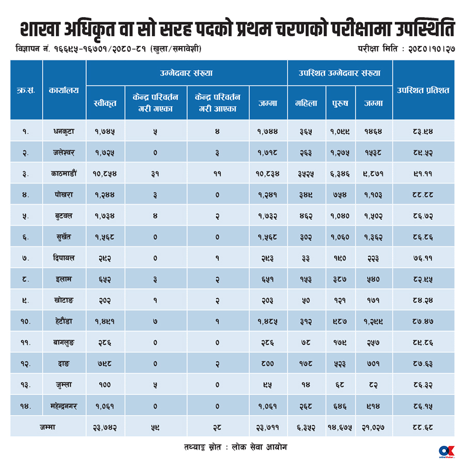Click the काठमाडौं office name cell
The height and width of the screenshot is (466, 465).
64,173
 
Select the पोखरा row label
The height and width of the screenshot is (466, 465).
64,194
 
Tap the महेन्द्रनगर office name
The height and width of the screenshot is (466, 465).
64,406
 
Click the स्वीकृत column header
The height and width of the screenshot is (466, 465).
105,103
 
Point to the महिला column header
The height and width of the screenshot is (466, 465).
306,103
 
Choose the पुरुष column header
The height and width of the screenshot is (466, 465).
340,103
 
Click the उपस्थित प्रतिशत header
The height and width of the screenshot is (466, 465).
423,90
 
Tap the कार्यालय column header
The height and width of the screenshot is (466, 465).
64,90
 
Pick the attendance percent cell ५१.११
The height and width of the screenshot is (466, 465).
423,174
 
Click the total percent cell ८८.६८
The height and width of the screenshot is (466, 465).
423,427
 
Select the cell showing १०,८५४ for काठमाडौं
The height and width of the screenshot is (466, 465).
105,174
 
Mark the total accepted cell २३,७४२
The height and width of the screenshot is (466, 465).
105,428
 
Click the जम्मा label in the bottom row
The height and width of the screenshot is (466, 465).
48,427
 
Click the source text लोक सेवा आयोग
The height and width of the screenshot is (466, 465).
259,447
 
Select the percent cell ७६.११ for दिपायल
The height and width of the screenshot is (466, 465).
423,258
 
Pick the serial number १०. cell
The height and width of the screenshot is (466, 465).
26,321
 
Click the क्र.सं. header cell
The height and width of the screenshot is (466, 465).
26,90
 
